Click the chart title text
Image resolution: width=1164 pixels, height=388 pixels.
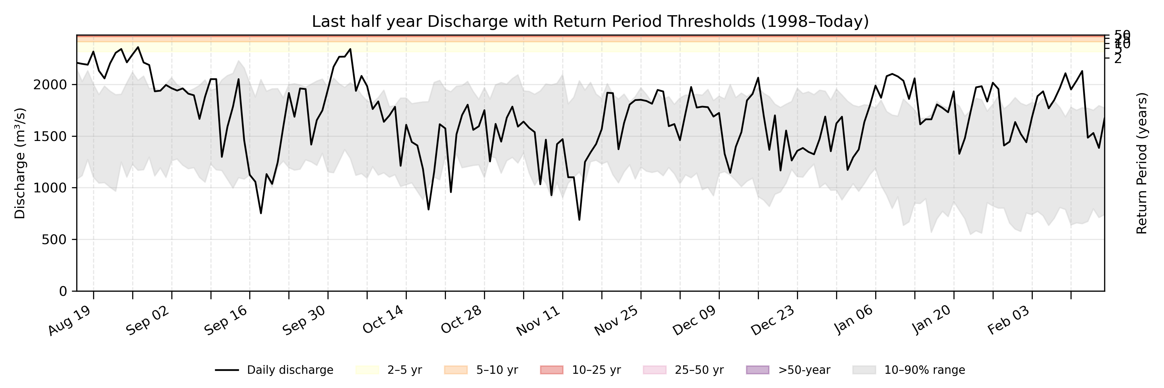click(590, 21)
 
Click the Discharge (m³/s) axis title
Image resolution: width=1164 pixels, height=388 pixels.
click(20, 163)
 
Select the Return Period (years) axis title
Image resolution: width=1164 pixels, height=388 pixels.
click(1142, 163)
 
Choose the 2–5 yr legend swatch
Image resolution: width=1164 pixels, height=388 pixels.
click(367, 370)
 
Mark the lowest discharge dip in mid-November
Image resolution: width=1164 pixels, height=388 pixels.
click(579, 220)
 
